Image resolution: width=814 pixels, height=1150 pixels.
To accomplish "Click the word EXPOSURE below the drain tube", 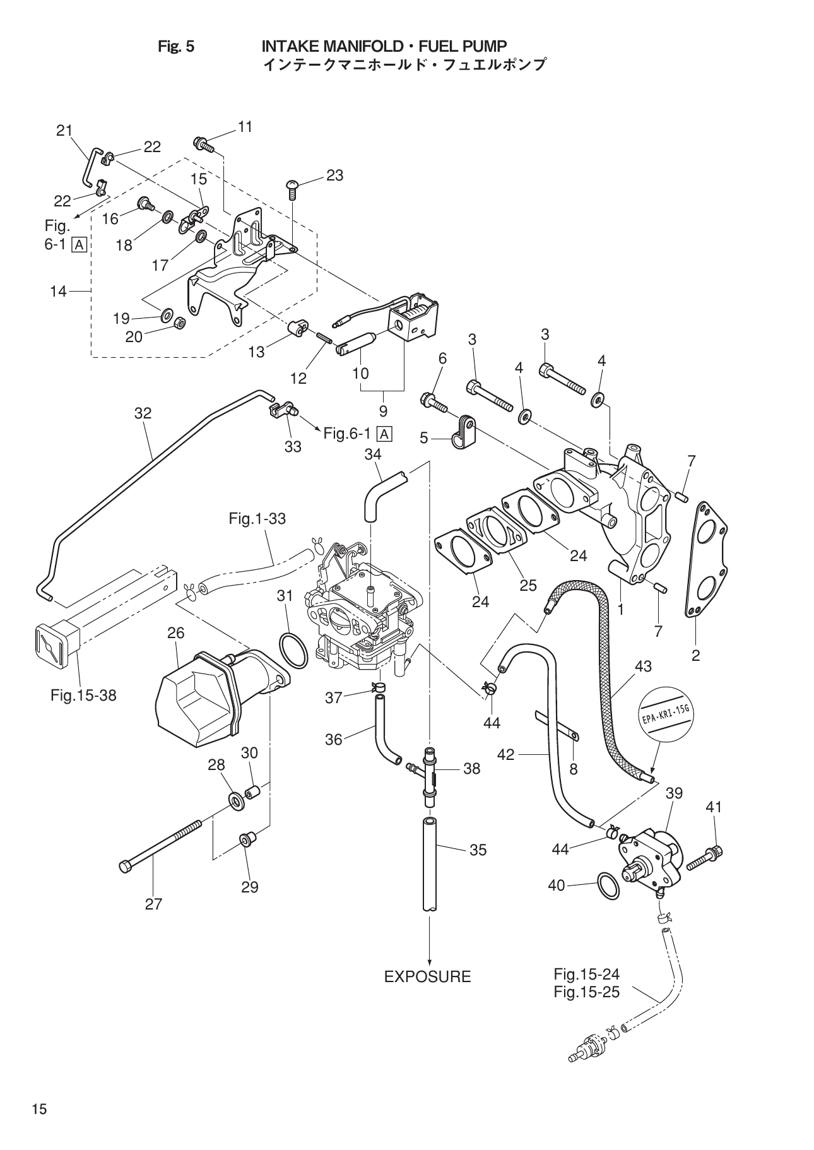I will coord(427,976).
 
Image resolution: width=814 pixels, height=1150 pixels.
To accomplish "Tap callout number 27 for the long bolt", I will coord(153,904).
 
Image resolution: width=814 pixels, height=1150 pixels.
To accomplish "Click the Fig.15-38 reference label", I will coord(83,696).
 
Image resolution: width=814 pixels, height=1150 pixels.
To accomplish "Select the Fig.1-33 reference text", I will coord(257,519).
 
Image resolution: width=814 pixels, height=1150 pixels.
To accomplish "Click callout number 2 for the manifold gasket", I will coord(695,655).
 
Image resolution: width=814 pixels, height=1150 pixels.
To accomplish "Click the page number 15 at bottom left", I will coord(39,1109).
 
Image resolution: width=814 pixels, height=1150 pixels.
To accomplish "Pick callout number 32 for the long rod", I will coord(143,413).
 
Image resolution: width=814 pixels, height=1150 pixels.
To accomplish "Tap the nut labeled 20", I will coord(179,324).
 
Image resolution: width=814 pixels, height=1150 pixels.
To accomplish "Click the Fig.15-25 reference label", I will coord(586,992).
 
